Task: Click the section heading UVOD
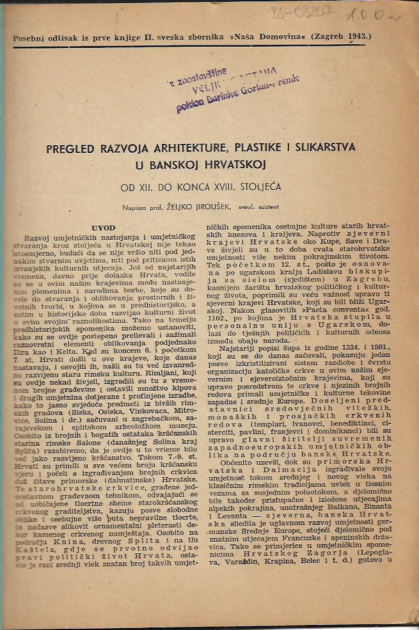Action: tap(103, 227)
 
